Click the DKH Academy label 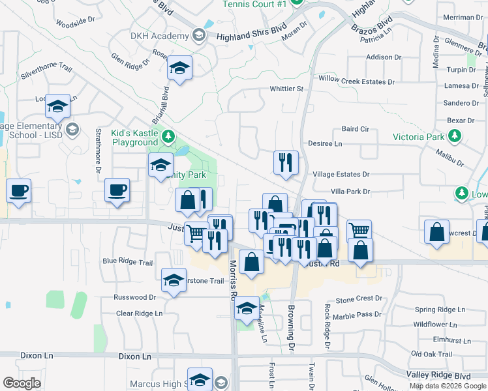coord(159,36)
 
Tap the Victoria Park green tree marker coord(455,136)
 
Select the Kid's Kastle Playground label coord(134,137)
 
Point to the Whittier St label coord(287,89)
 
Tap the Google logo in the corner coord(22,383)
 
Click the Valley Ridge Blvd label coord(438,376)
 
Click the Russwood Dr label coord(135,297)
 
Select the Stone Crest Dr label coord(359,298)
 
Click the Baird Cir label coord(355,129)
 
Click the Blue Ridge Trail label coord(128,263)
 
